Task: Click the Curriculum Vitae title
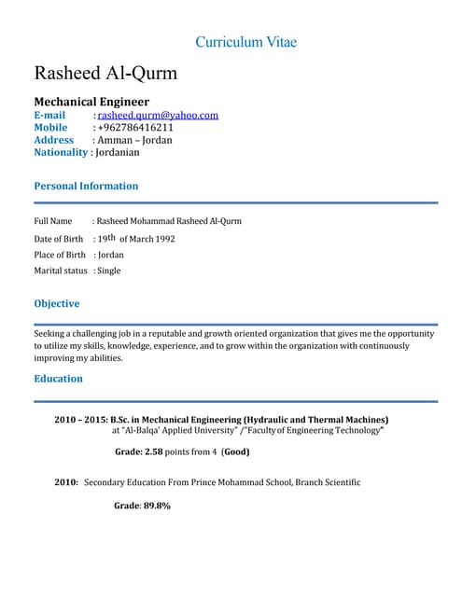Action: [x=246, y=42]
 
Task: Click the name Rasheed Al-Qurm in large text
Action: [x=105, y=73]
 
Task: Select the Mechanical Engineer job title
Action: [x=91, y=101]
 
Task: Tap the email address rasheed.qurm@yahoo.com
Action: [x=158, y=115]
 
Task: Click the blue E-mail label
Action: [x=49, y=115]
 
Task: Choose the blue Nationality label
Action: [x=61, y=152]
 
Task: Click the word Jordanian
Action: [x=117, y=152]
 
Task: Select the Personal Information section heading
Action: [x=86, y=186]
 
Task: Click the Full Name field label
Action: [x=53, y=221]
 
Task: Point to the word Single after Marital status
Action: [x=108, y=271]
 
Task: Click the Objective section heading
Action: [x=57, y=303]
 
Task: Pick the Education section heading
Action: [x=58, y=379]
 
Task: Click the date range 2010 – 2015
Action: [x=79, y=420]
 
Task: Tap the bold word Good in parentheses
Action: [x=236, y=451]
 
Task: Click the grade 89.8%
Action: [x=155, y=506]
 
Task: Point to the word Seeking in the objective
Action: [x=50, y=333]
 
